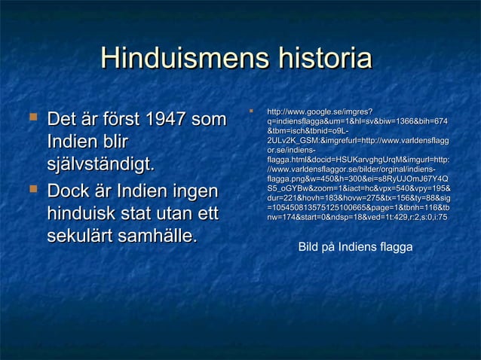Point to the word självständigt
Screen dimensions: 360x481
click(x=101, y=166)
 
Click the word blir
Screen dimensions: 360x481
click(x=112, y=142)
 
